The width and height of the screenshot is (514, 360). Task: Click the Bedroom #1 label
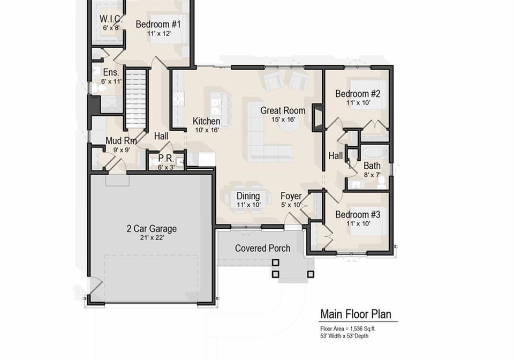158,24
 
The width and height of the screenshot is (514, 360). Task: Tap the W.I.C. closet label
111,19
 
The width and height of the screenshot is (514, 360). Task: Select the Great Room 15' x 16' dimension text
283,119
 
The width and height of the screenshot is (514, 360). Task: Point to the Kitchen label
206,121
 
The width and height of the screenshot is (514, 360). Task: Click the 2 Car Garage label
152,229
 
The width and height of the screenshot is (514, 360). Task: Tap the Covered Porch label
262,248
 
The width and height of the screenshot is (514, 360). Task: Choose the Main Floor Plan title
356,314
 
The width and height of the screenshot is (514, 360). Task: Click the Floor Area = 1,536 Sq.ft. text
348,328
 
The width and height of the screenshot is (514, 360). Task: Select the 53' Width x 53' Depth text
344,336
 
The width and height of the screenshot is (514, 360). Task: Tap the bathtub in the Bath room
375,153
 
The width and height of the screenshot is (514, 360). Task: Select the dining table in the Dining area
248,199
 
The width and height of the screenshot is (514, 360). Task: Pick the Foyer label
291,196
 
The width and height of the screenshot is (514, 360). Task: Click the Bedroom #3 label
358,215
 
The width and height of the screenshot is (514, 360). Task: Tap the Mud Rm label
121,141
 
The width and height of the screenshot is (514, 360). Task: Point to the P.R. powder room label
166,159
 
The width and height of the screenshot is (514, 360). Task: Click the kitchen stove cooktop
179,99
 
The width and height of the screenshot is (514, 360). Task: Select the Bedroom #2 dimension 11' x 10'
358,103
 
